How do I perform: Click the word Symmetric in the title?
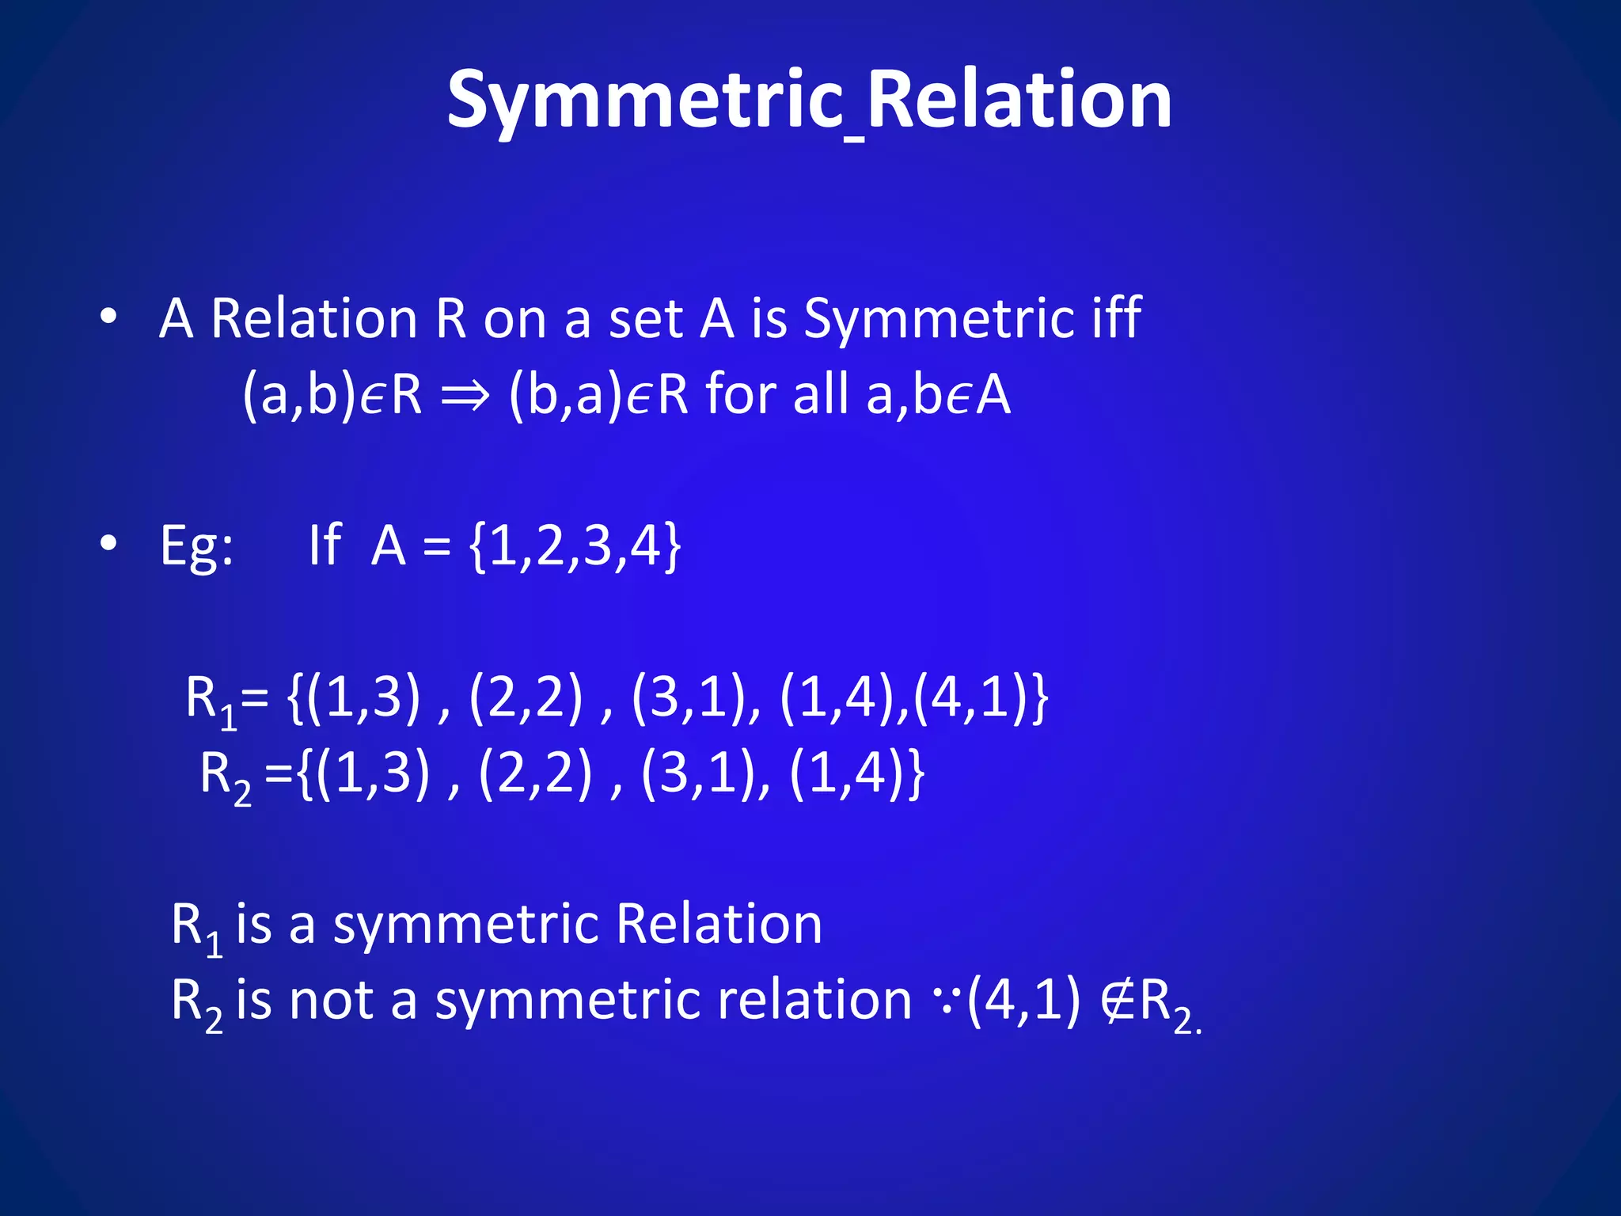click(645, 101)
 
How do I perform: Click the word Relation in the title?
click(1019, 100)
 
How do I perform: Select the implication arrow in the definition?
click(465, 394)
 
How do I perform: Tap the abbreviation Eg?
click(196, 546)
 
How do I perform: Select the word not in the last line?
click(332, 1000)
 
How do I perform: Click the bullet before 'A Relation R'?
click(108, 317)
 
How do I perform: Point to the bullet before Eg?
click(108, 544)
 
